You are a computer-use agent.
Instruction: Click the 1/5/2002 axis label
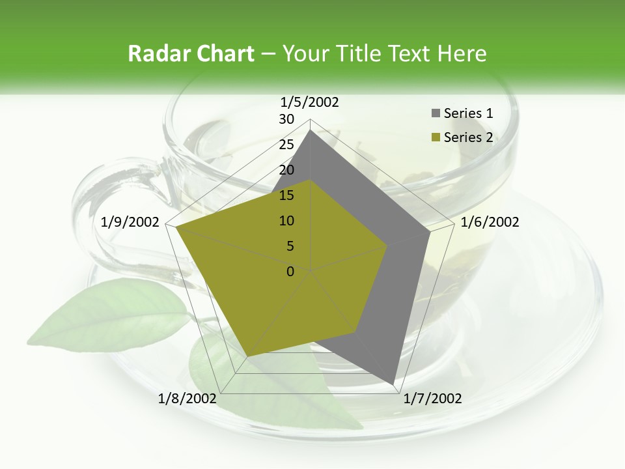pos(310,102)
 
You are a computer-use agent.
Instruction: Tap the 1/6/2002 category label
pos(490,222)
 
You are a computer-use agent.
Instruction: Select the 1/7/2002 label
pos(432,399)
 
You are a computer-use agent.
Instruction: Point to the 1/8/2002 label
pos(187,399)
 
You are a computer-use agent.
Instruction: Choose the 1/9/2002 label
pos(130,222)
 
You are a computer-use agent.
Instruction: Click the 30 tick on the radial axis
pos(286,119)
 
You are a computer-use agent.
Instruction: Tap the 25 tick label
pos(286,145)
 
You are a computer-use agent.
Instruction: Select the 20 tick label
pos(286,170)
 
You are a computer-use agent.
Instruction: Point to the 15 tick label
pos(286,195)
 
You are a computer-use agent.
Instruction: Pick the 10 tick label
pos(286,221)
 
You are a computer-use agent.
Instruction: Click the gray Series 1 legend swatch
pos(436,114)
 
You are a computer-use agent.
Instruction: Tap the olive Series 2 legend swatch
pos(436,137)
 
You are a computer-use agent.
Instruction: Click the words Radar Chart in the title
pos(191,54)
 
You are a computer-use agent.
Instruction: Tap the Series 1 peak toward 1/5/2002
pos(311,130)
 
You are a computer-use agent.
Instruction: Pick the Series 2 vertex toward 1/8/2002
pos(247,356)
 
